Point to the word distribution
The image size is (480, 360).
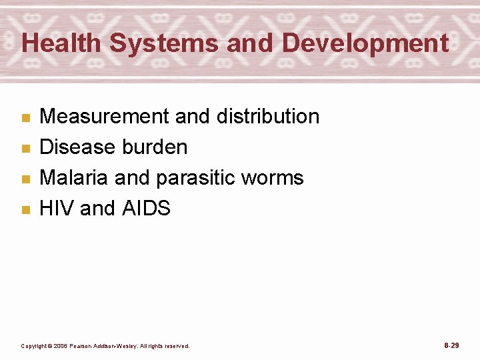click(x=268, y=117)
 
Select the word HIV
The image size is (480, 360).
click(x=57, y=209)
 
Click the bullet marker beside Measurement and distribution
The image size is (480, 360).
click(x=26, y=118)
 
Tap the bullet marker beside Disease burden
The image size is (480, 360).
click(x=26, y=149)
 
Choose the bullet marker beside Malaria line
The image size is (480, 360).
click(x=26, y=179)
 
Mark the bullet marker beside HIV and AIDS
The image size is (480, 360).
click(x=26, y=210)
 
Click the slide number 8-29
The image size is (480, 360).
click(x=451, y=345)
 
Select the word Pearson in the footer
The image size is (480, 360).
click(x=83, y=346)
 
